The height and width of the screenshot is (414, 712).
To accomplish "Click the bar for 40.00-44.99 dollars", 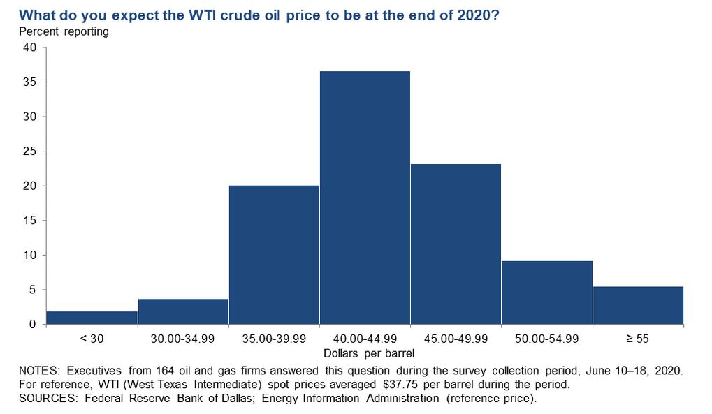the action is pos(365,198).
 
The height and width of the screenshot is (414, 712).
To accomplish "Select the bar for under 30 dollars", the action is pos(92,318).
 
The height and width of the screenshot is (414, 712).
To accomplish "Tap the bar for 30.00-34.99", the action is pos(183,311).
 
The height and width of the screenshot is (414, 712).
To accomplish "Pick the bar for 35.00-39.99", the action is pos(275,255).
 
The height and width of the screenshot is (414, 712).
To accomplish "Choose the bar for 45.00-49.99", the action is pos(456,244).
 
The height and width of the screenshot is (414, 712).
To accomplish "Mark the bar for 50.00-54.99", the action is pos(547,293).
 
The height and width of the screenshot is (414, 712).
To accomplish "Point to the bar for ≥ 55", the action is pos(639,305).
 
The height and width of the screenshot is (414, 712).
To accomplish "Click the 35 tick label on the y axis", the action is pos(29,82).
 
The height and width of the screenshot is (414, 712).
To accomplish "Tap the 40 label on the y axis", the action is pos(29,47).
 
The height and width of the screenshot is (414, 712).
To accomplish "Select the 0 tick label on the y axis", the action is pos(33,324).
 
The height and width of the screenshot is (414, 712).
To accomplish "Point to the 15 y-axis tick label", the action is pos(29,221).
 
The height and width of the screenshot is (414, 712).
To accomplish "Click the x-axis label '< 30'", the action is pos(92,339).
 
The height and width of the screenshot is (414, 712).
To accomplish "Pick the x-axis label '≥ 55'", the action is pos(638,339).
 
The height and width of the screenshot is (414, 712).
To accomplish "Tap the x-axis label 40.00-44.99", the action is pos(365,339).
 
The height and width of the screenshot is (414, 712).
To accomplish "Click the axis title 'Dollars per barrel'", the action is pos(369,353).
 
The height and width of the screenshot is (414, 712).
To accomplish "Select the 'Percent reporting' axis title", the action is pos(64,31).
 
